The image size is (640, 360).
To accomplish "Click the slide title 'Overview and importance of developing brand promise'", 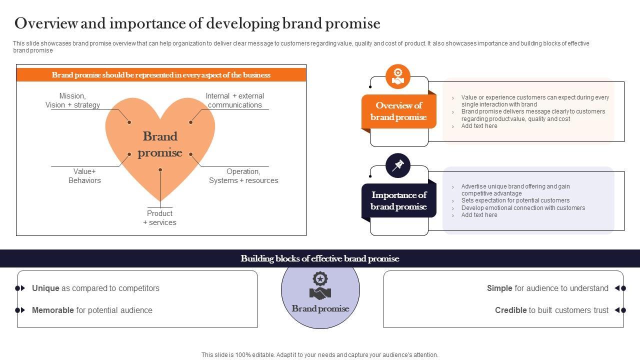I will tap(197, 23).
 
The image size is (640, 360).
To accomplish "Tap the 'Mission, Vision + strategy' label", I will tap(72, 100).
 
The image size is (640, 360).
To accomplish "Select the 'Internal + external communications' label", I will tap(234, 100).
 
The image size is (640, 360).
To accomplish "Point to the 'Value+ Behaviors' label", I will tap(84, 176).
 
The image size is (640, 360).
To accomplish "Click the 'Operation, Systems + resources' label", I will tap(243, 176).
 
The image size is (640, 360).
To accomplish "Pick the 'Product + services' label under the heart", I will tap(159, 218).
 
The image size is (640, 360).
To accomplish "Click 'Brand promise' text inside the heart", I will tap(160, 144).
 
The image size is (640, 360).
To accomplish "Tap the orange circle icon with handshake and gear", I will tap(398, 76).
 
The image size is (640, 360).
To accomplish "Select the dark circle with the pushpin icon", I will tap(398, 165).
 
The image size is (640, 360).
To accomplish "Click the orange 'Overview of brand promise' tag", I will tap(398, 111).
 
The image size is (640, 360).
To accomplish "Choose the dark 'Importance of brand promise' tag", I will tap(398, 200).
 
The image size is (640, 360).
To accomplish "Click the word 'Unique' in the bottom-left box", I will tap(45, 288).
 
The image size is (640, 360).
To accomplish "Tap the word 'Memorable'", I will tap(52, 310).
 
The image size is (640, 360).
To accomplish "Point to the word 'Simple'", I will tap(499, 288).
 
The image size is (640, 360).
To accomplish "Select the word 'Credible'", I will tap(510, 310).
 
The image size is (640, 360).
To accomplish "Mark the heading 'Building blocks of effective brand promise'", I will tap(320, 258).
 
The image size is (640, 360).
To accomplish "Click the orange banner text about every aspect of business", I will tap(161, 75).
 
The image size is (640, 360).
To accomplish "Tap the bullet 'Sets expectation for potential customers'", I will tap(515, 200).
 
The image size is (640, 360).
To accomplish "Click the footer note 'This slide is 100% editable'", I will tap(320, 355).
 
